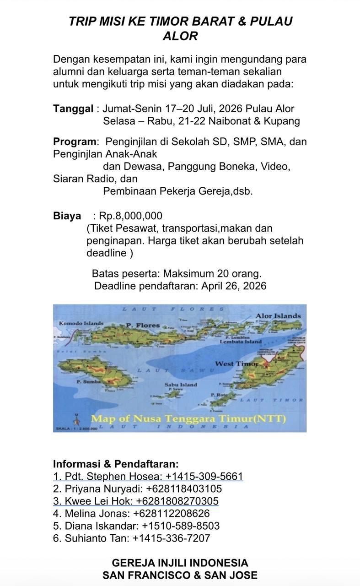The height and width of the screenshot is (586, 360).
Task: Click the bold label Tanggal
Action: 73,109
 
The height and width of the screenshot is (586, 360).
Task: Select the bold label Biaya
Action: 67,216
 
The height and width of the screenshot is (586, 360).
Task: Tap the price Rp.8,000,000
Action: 130,216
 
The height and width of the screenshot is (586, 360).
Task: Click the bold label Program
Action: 75,142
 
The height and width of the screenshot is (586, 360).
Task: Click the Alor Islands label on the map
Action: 278,316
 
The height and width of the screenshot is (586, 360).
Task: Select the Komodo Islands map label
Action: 81,323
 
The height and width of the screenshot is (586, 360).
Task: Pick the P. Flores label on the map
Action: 143,326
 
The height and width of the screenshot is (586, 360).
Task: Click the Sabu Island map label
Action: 181,385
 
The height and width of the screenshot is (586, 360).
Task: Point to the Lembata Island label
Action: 241,342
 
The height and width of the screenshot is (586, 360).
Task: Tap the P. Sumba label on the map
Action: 86,381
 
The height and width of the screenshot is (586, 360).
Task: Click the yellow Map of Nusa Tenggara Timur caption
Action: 188,419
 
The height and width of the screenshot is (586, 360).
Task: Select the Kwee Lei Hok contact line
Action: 136,501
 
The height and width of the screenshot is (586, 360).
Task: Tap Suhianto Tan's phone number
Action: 171,538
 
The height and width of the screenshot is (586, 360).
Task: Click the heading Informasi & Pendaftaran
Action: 116,464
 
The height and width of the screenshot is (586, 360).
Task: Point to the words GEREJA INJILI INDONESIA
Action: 180,563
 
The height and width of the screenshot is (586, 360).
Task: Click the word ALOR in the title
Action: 180,36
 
